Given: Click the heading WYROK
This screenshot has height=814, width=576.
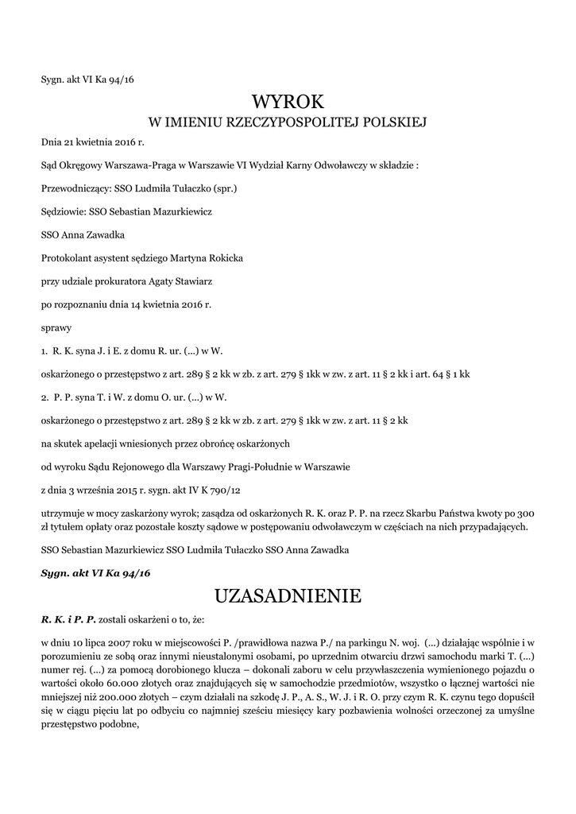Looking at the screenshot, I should click(288, 101).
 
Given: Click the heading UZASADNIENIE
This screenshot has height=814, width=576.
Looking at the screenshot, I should click(288, 595).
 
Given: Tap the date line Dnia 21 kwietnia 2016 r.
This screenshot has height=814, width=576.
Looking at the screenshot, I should click(93, 143).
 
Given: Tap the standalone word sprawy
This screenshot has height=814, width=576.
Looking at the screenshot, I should click(56, 327).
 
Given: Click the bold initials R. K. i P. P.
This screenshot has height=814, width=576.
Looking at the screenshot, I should click(68, 618).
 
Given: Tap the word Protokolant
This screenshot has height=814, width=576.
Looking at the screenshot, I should click(70, 258).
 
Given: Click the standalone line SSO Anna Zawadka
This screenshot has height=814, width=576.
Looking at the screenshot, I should click(83, 235).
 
